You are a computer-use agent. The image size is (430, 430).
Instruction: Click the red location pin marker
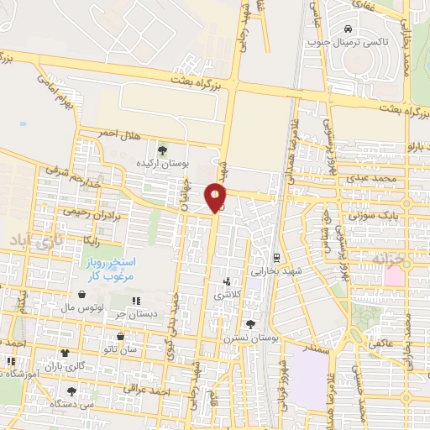coord(216,198)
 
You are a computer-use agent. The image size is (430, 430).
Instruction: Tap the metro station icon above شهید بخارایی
coord(276,256)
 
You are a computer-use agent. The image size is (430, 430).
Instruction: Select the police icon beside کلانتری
coord(227,282)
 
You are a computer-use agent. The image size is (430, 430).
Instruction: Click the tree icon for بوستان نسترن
coord(250,323)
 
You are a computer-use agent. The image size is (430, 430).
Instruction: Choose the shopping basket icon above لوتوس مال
coord(81,294)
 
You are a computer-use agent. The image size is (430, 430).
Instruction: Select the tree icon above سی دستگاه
coord(71,391)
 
